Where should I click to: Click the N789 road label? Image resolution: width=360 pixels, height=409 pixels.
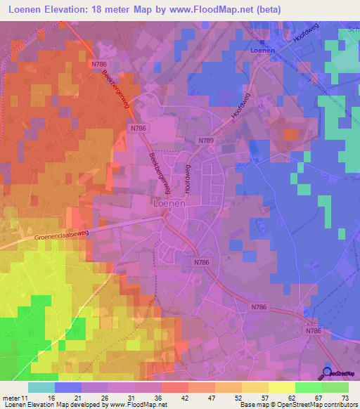[x=206, y=141]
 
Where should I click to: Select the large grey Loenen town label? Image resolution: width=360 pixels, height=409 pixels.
[x=168, y=203]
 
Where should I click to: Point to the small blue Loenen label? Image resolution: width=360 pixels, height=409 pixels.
[x=262, y=51]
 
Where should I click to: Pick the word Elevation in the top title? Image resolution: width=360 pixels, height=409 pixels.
[x=66, y=9]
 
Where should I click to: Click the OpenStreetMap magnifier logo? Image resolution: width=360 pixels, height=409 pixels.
[x=328, y=373]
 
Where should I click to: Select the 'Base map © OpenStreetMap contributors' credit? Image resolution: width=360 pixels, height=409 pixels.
[x=297, y=404]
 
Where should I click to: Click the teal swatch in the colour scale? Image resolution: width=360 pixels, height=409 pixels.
[x=41, y=387]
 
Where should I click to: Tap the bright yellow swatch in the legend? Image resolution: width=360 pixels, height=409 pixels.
[x=282, y=387]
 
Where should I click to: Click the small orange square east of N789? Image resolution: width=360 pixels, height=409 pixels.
[x=290, y=134]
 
